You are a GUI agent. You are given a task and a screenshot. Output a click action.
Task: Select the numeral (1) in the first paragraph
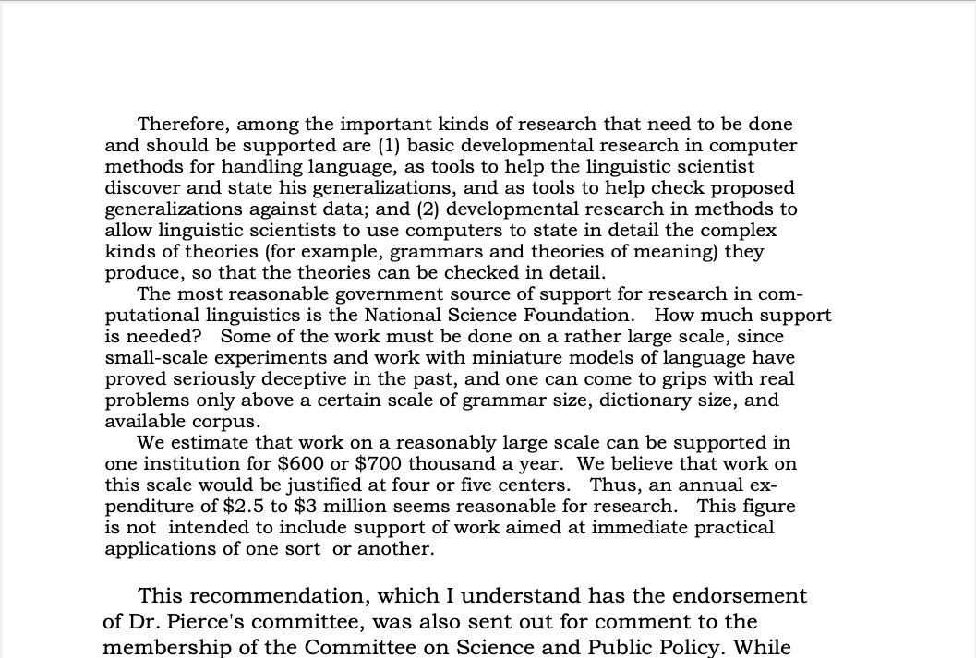coord(388,145)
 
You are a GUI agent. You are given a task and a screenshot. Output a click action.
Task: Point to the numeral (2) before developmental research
coord(427,209)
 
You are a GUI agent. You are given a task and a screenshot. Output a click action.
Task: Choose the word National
coord(404,316)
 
